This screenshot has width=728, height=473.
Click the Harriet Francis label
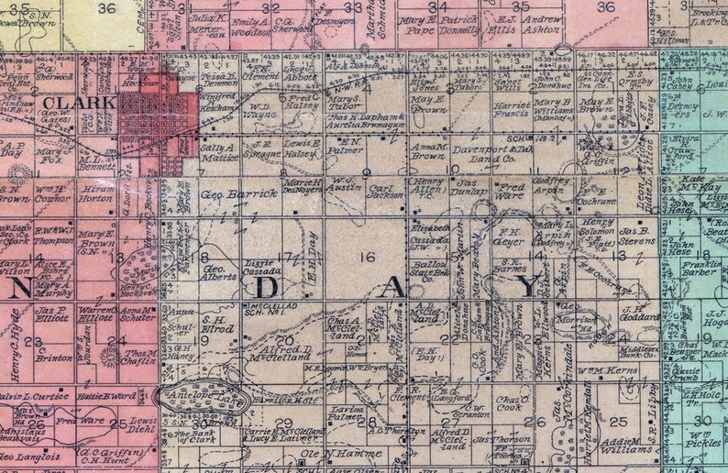(512, 112)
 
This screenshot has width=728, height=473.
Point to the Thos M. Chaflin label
(137, 358)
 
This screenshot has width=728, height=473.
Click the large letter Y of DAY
(529, 288)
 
